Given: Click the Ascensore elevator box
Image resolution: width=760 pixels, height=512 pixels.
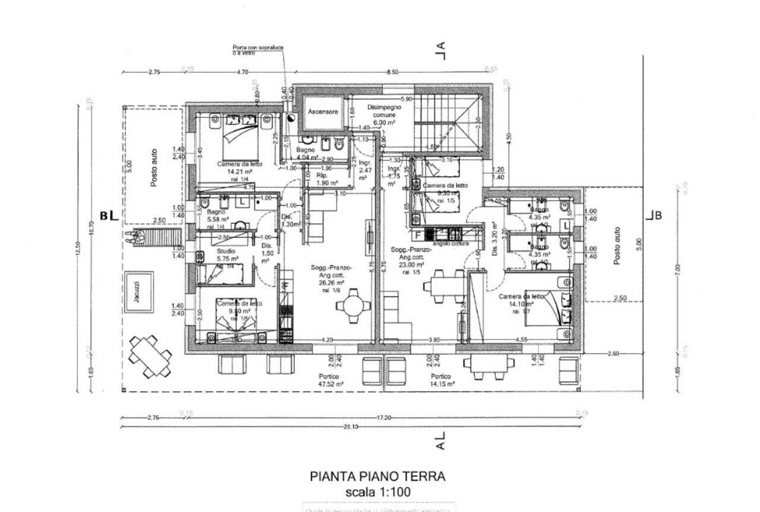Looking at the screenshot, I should pos(323,112).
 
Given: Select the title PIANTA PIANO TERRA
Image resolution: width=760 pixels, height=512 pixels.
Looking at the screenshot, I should pos(377,476).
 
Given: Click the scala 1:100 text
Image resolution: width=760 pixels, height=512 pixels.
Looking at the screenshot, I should pos(377,492).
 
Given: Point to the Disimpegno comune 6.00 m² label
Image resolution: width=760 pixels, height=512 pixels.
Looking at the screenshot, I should pos(384,115).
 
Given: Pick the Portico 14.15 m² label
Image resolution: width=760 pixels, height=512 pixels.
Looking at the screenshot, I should pos(441,380).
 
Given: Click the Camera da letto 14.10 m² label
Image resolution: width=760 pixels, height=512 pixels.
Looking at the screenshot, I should pos(521,301).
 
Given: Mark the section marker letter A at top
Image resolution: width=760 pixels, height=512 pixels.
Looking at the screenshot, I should pos(441,47).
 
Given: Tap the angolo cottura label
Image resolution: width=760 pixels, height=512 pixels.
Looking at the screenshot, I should pos(451,243).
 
